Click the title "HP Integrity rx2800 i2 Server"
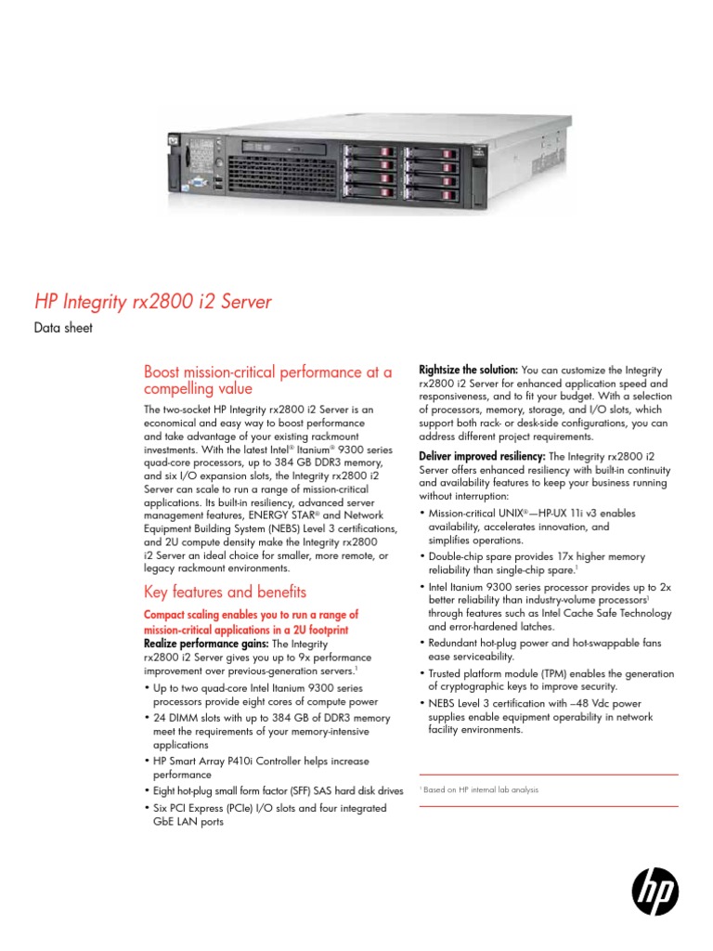coord(153,302)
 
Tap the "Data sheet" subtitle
coord(63,328)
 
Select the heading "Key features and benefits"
coord(225,593)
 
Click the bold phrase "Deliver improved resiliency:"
coord(483,456)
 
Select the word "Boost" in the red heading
coord(162,372)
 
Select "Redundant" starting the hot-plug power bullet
coord(455,642)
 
